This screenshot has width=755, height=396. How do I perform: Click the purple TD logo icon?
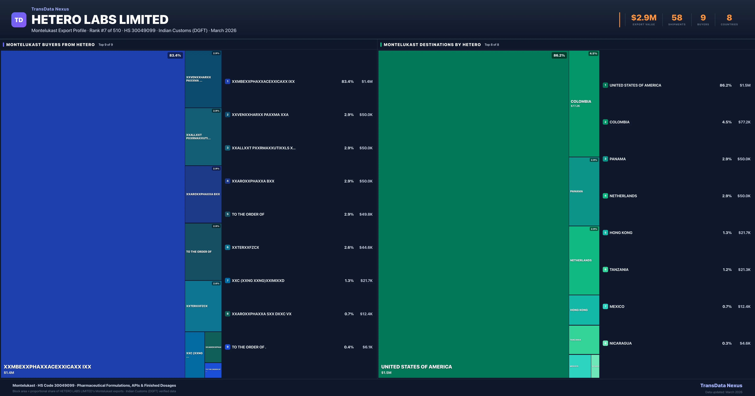pos(19,20)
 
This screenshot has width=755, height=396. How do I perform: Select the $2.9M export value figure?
pos(644,18)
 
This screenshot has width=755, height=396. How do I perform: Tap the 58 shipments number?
pos(677,18)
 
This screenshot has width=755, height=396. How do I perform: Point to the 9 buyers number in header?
pos(703,18)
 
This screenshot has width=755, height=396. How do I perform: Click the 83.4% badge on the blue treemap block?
pos(175,55)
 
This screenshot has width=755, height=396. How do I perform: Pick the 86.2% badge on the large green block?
pos(559,55)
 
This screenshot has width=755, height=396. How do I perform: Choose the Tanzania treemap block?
pos(584,340)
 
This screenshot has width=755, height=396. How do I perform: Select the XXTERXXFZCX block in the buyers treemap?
pos(203,306)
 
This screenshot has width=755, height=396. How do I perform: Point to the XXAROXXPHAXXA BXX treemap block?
pos(203,194)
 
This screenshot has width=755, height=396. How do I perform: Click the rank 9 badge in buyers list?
pos(227,347)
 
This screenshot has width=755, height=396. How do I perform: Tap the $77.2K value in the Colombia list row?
pos(744,122)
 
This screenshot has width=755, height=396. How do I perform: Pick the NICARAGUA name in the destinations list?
pos(621,343)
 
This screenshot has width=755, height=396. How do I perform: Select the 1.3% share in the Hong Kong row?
pos(727,233)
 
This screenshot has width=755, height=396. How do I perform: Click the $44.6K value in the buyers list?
pos(366,247)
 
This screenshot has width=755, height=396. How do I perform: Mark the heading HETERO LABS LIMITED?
pos(100,20)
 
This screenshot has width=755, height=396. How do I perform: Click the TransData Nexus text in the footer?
pos(721,385)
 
